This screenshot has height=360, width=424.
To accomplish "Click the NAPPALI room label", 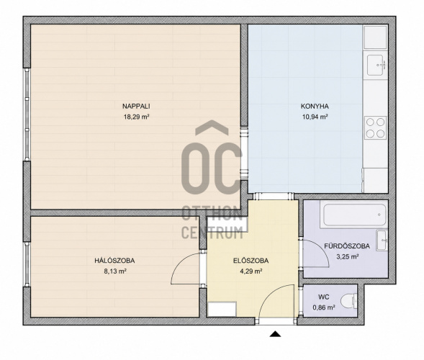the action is point(136,107).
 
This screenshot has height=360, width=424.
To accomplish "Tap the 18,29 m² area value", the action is point(137,117).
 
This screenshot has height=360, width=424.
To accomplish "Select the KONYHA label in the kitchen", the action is point(315,107).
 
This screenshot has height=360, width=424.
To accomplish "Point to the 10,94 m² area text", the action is point(315,117).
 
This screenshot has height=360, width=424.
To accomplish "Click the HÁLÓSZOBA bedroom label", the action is point(114,261).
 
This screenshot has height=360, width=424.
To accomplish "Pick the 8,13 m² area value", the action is point(115,271).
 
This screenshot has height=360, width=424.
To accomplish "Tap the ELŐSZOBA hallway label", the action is point(251,261).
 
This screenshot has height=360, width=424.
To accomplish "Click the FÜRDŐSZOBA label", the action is point(347,246).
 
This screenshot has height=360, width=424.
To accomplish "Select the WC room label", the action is point(324,297).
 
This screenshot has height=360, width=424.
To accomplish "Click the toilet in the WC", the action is point(348,301).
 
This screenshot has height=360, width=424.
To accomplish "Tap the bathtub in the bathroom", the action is point(354,215).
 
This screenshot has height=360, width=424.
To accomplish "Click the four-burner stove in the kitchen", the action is point(375,127).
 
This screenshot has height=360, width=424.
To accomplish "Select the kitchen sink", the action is point(375,66).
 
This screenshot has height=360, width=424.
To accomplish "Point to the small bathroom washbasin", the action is point(382,240).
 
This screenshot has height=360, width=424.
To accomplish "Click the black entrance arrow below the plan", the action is point(275,334).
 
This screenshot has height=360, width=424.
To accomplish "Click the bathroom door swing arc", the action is point(322,248).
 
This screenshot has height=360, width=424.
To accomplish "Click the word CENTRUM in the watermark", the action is point(212,233).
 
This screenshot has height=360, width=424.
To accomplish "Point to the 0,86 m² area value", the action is point(324,307).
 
